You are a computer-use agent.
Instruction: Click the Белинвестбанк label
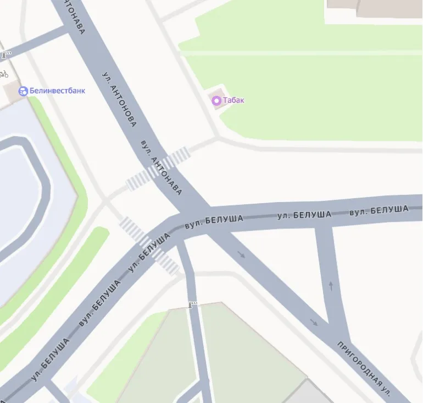click(x=57, y=91)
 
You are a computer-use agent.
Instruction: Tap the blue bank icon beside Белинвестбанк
click(x=23, y=91)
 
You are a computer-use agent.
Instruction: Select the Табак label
click(x=233, y=100)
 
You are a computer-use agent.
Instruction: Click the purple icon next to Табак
click(x=216, y=100)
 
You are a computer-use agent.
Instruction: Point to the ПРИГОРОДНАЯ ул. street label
click(x=365, y=368)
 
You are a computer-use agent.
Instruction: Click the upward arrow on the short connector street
click(x=331, y=285)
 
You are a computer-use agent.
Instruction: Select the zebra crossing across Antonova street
click(x=158, y=168)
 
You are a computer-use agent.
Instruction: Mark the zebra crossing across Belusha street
click(x=149, y=246)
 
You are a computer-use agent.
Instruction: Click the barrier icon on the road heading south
click(x=192, y=304)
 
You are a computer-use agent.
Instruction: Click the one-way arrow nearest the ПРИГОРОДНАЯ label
click(x=314, y=322)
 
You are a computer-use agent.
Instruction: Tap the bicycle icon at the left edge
click(x=3, y=74)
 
